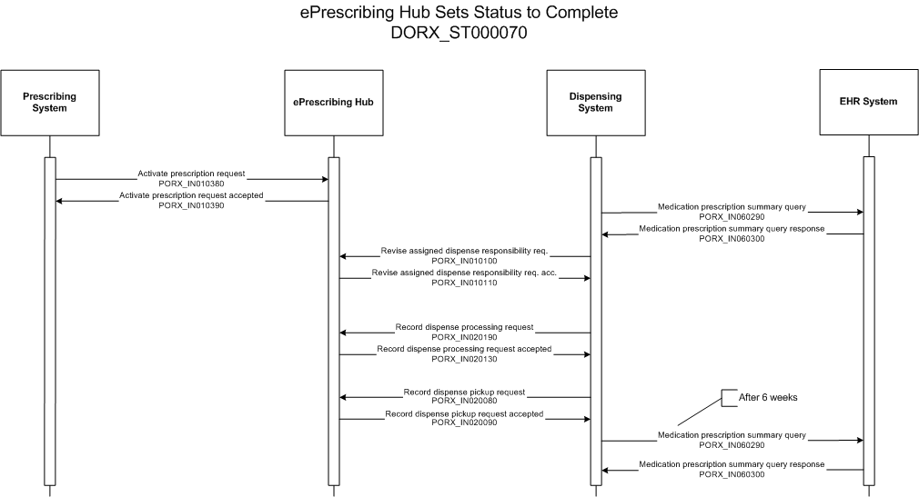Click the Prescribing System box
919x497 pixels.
pyautogui.click(x=50, y=103)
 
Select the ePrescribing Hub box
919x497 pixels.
pyautogui.click(x=334, y=103)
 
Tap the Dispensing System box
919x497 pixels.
pyautogui.click(x=595, y=103)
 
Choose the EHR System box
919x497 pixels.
pyautogui.click(x=869, y=103)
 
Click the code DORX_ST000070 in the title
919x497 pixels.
pyautogui.click(x=459, y=33)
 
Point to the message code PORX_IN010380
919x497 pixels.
pyautogui.click(x=191, y=184)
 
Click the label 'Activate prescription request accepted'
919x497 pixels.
pyautogui.click(x=191, y=195)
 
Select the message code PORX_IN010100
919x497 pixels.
pyautogui.click(x=464, y=261)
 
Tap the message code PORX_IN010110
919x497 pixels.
pyautogui.click(x=464, y=283)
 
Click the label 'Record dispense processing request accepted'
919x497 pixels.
pyautogui.click(x=464, y=349)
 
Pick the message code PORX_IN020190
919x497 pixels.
pyautogui.click(x=464, y=337)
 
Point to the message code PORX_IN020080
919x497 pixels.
pyautogui.click(x=464, y=401)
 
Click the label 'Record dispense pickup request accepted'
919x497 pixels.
pyautogui.click(x=464, y=414)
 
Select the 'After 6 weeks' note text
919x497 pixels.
pyautogui.click(x=768, y=397)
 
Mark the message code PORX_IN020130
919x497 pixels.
pyautogui.click(x=464, y=359)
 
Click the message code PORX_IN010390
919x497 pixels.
pyautogui.click(x=191, y=205)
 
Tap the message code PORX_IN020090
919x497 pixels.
pyautogui.click(x=464, y=422)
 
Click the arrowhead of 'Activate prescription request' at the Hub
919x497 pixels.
pyautogui.click(x=325, y=179)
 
